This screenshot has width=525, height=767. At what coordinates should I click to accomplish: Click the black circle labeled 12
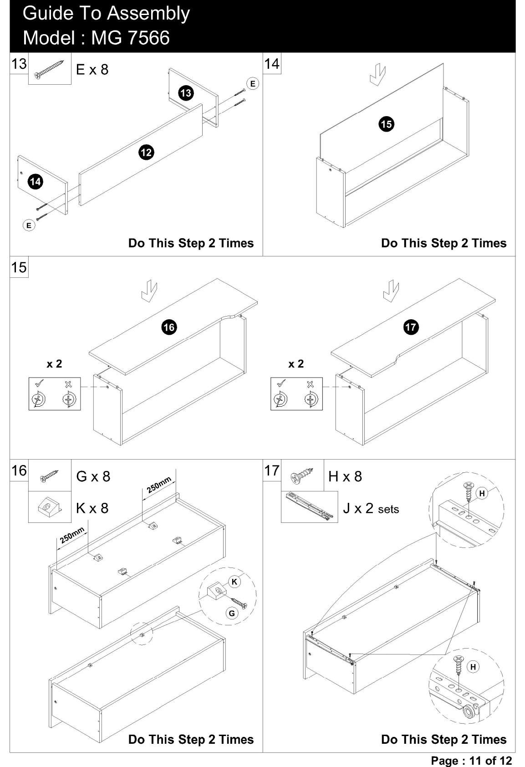point(146,153)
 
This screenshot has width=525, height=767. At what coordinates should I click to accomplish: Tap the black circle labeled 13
point(186,93)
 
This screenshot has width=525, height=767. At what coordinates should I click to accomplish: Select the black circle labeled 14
point(36,181)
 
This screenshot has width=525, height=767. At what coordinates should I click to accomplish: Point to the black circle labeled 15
point(387,124)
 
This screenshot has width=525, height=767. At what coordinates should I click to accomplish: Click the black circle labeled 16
point(169,327)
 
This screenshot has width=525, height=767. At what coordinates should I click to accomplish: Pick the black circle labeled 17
point(411,327)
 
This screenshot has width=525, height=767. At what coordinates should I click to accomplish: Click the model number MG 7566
point(130,38)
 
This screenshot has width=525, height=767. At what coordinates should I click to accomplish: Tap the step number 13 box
point(19,64)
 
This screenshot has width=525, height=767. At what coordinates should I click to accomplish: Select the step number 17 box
point(272,470)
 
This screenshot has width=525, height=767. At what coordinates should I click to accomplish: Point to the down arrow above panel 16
point(149,291)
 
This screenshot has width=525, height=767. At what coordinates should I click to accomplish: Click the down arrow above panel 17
point(391,291)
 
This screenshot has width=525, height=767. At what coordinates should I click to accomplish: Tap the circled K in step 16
point(234,582)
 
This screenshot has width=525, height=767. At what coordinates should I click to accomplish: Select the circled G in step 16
point(232,613)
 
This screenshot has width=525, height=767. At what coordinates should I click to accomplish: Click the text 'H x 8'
point(345,476)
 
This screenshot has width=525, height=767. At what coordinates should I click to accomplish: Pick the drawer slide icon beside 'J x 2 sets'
point(309,507)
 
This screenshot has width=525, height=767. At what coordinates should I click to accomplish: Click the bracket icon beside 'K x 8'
point(50,507)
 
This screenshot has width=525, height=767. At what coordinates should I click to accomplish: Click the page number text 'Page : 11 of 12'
point(471,761)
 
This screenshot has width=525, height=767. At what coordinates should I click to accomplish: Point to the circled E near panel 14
point(29,225)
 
